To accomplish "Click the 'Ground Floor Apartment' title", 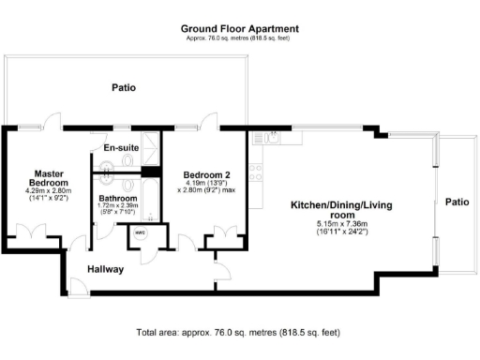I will (x=239, y=28).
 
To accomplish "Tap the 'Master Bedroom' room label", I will (x=49, y=178).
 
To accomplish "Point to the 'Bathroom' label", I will (x=118, y=198).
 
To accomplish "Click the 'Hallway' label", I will (x=106, y=269).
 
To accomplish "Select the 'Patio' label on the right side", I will (x=457, y=202).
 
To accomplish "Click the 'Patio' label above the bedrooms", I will (x=123, y=87).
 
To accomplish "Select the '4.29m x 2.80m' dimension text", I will (x=49, y=191).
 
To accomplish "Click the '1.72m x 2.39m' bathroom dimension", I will (x=118, y=207).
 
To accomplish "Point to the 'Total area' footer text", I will (x=238, y=333).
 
